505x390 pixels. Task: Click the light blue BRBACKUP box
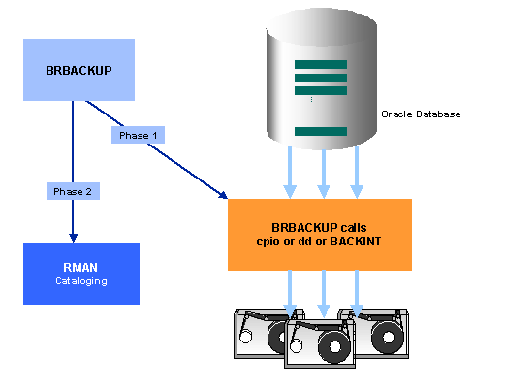pos(79,69)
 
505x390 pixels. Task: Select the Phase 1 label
pos(138,135)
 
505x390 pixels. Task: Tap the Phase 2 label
pos(72,191)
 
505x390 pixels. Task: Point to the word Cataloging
pos(80,280)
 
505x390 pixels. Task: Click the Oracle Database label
pos(421,114)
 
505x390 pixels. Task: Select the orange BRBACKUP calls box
pos(319,234)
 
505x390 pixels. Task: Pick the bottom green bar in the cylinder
pos(320,131)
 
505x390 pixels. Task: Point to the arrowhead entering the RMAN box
pos(71,238)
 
